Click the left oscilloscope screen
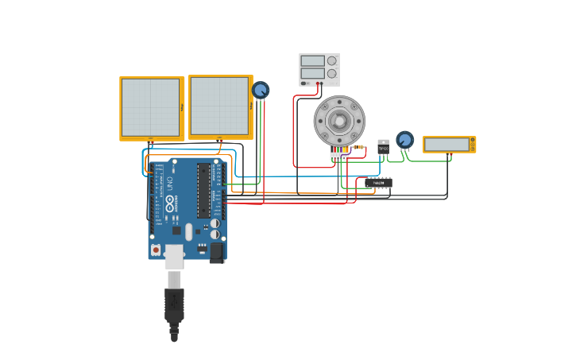pos(150,107)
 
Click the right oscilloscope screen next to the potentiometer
pos(218,106)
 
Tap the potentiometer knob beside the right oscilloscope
pos(261,90)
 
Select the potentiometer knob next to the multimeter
pos(405,140)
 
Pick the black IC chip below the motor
pos(379,183)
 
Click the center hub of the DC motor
pos(339,120)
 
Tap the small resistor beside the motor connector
pos(359,147)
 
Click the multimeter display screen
pos(446,144)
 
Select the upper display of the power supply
pos(312,60)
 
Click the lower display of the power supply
pos(312,73)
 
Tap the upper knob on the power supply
pos(332,60)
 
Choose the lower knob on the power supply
pos(332,73)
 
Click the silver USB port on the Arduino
pos(174,257)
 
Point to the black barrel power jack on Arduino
pos(216,252)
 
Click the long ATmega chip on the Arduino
pos(203,191)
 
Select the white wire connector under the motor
pos(339,156)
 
